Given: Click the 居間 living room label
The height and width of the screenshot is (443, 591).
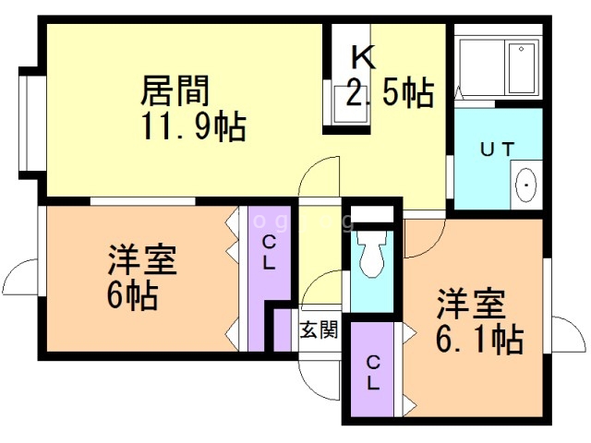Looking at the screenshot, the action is click(175, 90).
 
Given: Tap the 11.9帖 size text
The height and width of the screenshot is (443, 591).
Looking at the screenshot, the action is click(194, 126).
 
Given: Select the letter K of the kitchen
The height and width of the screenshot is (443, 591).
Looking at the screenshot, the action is click(363, 57).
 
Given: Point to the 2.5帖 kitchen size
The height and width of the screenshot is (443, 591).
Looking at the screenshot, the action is click(390, 92).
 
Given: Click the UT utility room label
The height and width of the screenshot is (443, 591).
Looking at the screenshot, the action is click(498, 150).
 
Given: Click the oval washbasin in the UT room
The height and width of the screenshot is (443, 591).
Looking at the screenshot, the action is click(525, 185).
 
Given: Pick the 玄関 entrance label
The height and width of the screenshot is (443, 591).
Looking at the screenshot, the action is click(319, 330).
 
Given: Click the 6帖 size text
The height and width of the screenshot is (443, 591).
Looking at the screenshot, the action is click(132, 295).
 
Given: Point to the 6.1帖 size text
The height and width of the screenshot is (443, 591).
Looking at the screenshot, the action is click(479, 340).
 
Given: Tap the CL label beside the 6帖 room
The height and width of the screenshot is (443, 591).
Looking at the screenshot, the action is click(269, 253).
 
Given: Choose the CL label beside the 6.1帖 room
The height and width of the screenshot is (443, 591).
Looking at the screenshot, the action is click(373, 373).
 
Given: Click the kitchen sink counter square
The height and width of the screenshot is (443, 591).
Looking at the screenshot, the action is click(351, 104).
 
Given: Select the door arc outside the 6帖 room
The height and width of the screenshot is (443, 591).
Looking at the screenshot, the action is click(15, 274).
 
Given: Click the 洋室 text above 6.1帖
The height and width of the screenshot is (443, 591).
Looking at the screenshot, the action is click(471, 305).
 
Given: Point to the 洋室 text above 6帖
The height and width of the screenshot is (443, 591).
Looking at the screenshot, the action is click(142, 260).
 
